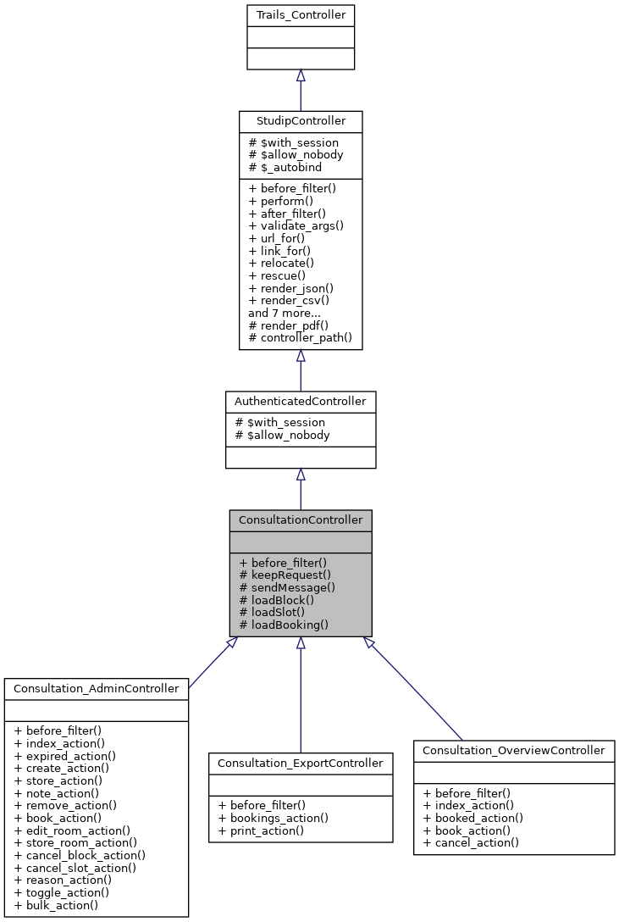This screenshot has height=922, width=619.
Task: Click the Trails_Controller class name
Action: [x=300, y=15]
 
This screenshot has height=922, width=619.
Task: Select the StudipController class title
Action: [x=300, y=121]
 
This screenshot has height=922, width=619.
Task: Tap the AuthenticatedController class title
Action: [x=300, y=401]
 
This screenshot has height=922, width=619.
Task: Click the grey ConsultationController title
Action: [x=300, y=519]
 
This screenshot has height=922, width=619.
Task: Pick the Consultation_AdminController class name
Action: [x=96, y=688]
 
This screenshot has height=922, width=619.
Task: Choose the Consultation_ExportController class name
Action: [x=301, y=763]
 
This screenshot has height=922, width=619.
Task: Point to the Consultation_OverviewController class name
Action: [x=513, y=750]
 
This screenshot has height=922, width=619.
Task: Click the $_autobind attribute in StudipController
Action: [x=287, y=168]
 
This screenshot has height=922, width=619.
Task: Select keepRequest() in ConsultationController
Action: [x=285, y=574]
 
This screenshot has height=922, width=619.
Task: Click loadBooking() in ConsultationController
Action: [x=284, y=625]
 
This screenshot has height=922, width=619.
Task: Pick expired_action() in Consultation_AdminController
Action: [x=64, y=755]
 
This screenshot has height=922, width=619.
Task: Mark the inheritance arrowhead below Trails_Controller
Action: [x=300, y=76]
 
